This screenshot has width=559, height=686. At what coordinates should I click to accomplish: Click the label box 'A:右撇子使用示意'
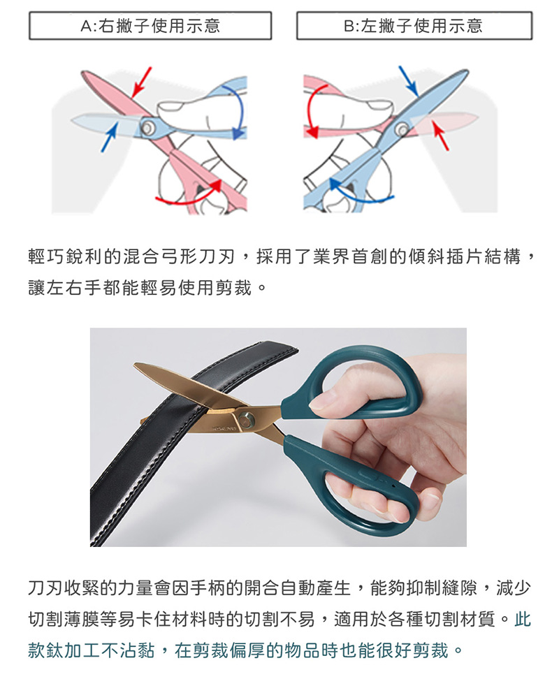pyautogui.click(x=150, y=26)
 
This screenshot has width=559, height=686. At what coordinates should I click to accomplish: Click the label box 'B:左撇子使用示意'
pyautogui.click(x=414, y=26)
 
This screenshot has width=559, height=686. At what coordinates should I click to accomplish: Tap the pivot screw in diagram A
pyautogui.click(x=147, y=127)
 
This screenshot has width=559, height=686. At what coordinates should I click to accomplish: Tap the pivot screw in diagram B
pyautogui.click(x=401, y=129)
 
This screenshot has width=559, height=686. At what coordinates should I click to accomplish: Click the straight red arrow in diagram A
pyautogui.click(x=141, y=82)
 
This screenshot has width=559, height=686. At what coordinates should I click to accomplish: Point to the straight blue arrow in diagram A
pyautogui.click(x=110, y=137)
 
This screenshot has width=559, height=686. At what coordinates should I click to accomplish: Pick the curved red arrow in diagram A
pyautogui.click(x=188, y=195)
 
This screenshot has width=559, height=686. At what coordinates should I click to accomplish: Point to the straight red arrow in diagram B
pyautogui.click(x=440, y=136)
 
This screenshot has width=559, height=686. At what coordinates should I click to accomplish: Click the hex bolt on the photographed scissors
pyautogui.click(x=247, y=420)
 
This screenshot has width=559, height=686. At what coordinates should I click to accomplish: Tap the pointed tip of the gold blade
pyautogui.click(x=135, y=364)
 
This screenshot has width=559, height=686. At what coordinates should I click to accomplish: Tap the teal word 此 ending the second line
pyautogui.click(x=522, y=619)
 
